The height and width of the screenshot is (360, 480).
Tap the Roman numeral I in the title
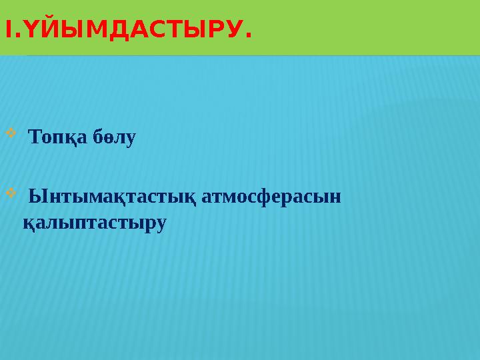7,30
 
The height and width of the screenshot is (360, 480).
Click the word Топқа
55,139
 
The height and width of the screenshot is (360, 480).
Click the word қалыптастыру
94,223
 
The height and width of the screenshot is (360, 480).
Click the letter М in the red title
89,30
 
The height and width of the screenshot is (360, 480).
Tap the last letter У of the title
231,30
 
